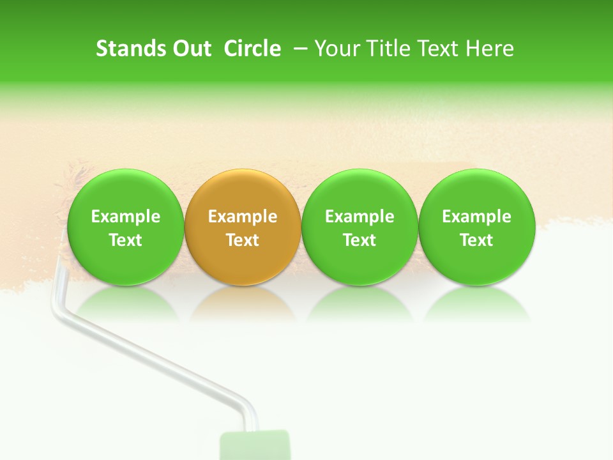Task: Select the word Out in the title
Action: pos(190,49)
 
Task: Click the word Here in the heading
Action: pos(490,49)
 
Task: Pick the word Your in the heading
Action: pos(337,49)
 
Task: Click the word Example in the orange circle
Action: pos(243,217)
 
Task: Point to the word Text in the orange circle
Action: pos(243,240)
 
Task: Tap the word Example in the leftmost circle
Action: pos(125,217)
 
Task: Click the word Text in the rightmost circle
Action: pos(476,240)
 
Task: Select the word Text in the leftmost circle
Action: pos(125,240)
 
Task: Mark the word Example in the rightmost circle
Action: pos(476,217)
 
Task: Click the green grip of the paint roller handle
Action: pos(255,446)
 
